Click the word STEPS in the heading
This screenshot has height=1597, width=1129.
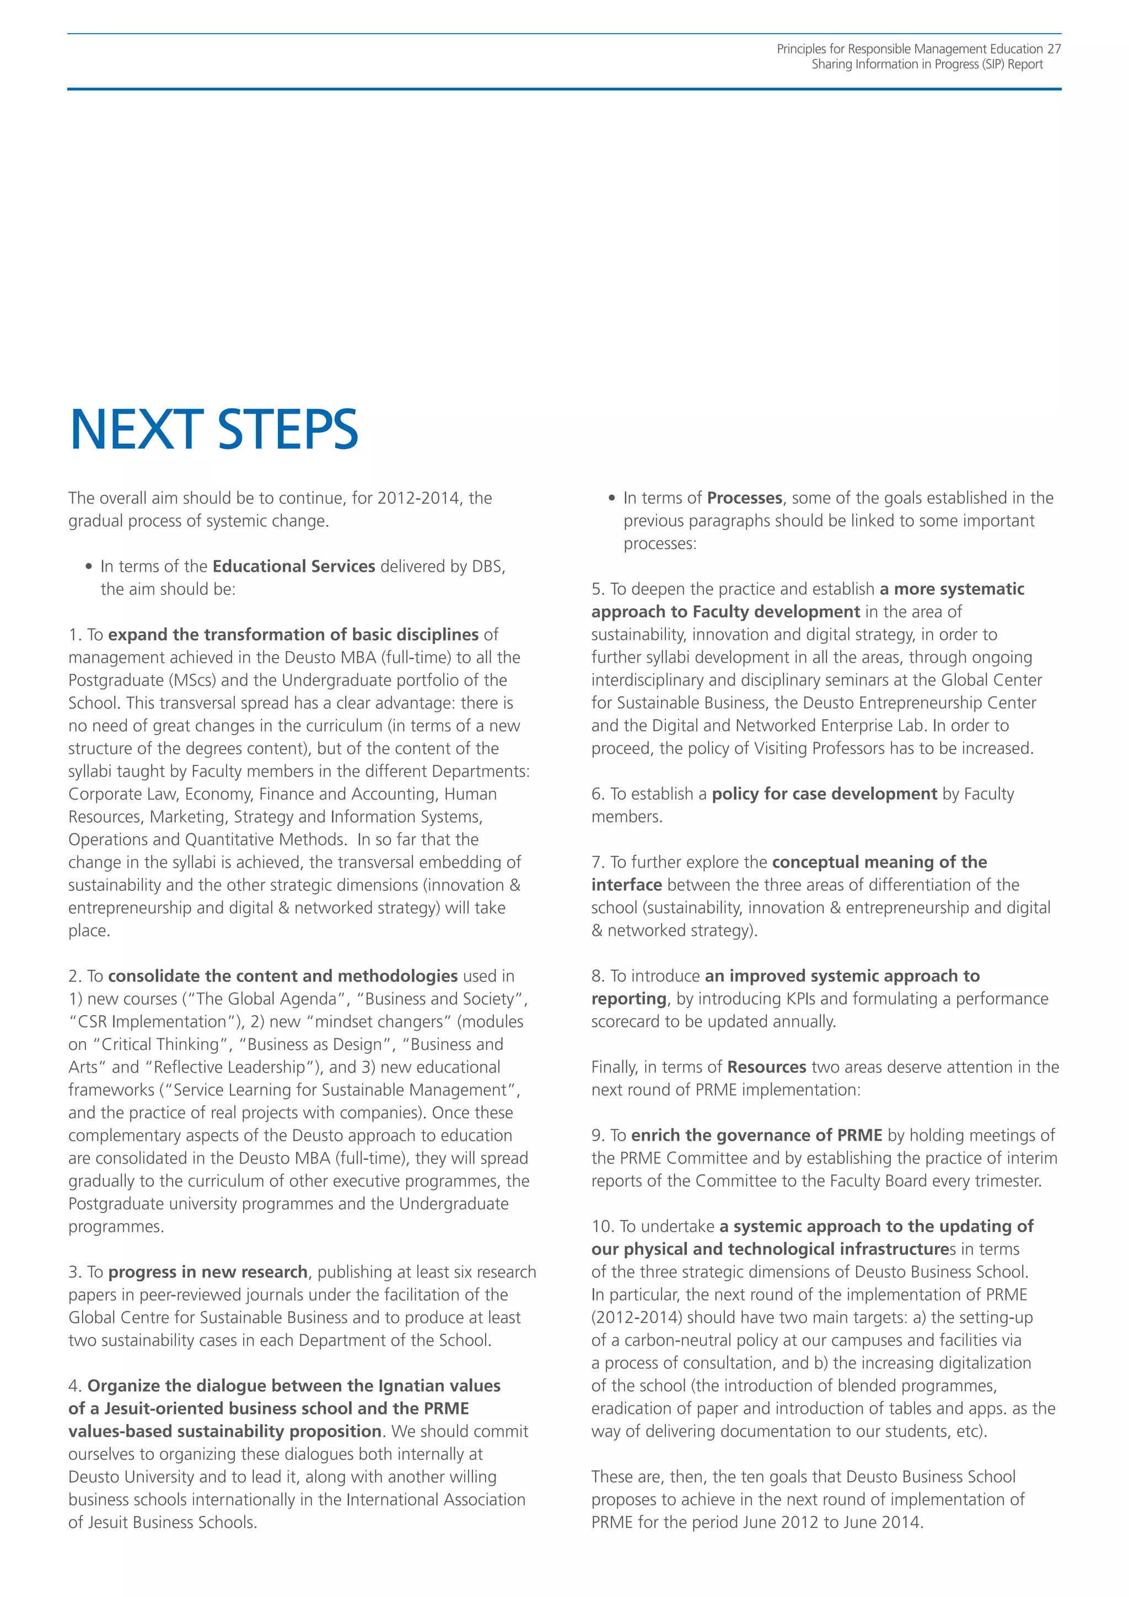(288, 430)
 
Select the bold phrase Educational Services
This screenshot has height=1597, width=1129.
(293, 566)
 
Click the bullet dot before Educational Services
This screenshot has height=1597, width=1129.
(88, 567)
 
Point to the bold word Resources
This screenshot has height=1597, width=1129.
(766, 1067)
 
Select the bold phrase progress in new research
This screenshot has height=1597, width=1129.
(208, 1272)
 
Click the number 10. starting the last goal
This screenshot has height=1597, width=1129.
(603, 1226)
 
